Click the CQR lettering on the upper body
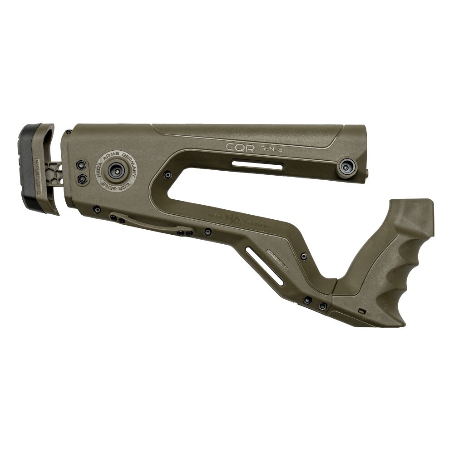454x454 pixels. click(x=240, y=147)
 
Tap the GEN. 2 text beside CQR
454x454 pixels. click(x=271, y=148)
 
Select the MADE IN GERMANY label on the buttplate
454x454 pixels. click(x=39, y=177)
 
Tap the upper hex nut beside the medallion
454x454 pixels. click(x=82, y=164)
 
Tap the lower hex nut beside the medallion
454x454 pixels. click(x=82, y=179)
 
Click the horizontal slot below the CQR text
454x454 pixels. click(x=257, y=164)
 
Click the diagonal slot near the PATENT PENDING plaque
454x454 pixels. click(x=265, y=265)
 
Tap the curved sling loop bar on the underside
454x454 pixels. click(x=152, y=224)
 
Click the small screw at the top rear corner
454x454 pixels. click(x=69, y=132)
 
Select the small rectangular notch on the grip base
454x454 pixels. click(x=361, y=311)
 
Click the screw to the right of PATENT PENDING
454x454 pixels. click(x=303, y=257)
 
